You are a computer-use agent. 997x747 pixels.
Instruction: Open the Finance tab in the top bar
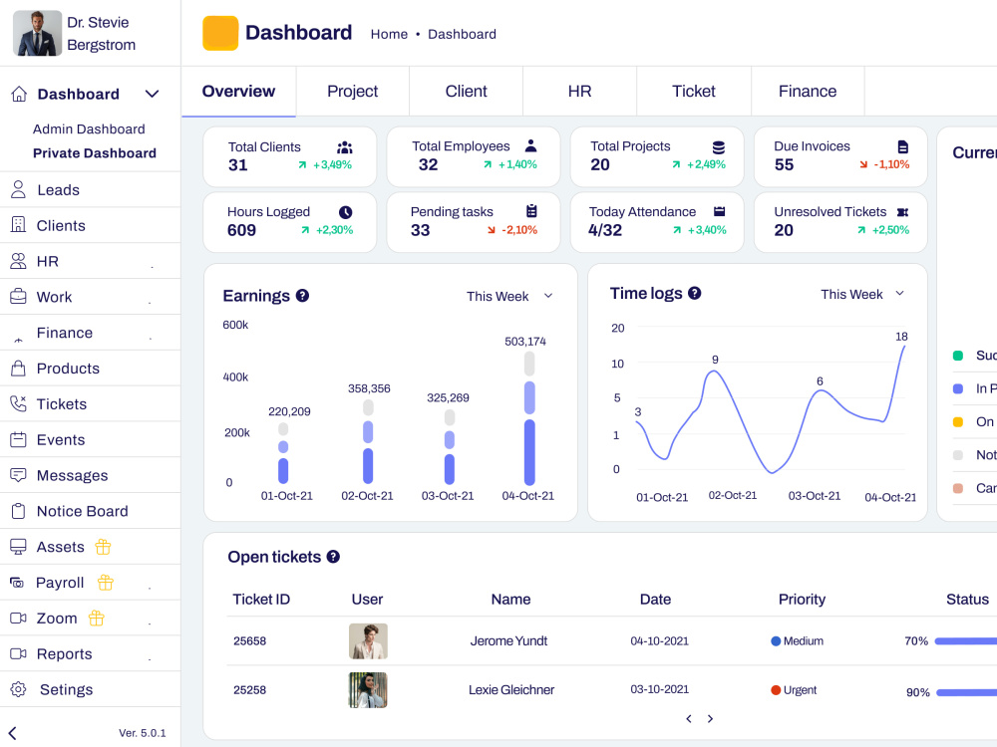[807, 92]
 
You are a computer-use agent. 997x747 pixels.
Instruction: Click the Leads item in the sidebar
[58, 190]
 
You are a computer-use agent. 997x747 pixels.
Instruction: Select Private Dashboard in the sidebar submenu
[94, 153]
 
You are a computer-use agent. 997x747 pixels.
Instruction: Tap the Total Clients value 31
[238, 165]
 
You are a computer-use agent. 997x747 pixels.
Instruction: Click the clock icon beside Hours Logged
[345, 212]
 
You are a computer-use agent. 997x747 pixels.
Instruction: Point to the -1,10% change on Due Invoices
[891, 164]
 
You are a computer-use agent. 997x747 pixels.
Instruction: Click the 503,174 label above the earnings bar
[525, 341]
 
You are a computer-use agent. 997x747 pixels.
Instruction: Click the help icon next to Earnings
[303, 296]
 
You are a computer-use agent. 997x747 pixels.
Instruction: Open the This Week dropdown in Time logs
[862, 294]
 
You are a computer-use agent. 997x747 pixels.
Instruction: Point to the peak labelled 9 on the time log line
[715, 371]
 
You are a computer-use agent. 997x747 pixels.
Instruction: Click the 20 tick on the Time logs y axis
[617, 328]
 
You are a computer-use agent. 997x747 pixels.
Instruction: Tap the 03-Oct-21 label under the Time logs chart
[814, 496]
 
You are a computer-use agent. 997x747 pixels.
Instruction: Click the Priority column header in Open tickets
[802, 599]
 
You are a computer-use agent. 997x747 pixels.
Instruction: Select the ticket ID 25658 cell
[249, 640]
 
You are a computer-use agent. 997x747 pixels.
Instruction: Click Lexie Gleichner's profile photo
[368, 690]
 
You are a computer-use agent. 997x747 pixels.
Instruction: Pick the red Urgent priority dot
[776, 690]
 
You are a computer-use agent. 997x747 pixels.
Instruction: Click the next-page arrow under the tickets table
[710, 718]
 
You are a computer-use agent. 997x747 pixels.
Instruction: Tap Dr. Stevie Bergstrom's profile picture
[37, 33]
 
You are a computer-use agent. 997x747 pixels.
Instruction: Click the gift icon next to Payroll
[106, 583]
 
